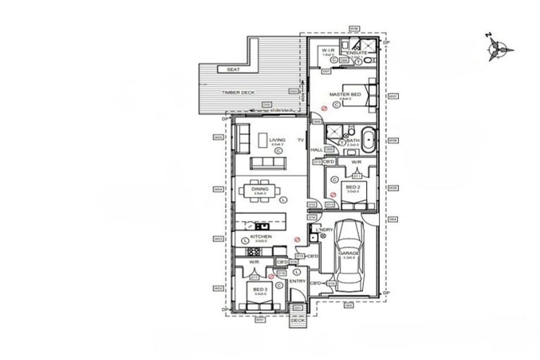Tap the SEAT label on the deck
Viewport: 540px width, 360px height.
tap(233, 70)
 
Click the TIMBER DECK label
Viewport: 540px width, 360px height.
tap(238, 92)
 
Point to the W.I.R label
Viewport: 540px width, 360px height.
tap(328, 50)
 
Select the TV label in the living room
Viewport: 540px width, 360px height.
tap(300, 141)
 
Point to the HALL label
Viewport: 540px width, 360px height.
tap(316, 150)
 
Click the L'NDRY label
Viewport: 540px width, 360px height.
tap(324, 230)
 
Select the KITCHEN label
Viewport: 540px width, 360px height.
tap(261, 237)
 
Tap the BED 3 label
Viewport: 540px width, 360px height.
tap(260, 289)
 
